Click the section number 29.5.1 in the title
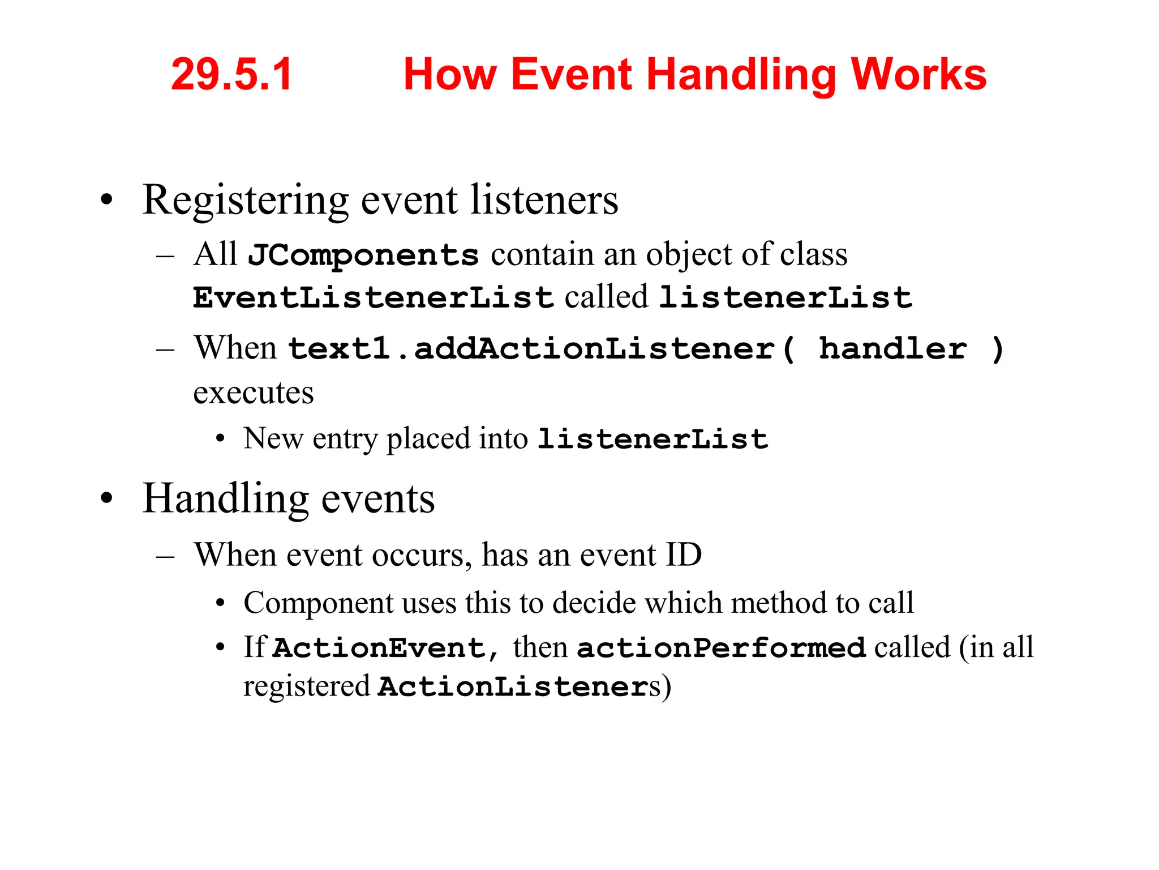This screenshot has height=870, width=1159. point(231,74)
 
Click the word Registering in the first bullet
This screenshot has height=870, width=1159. point(246,202)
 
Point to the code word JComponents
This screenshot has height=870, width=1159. point(363,255)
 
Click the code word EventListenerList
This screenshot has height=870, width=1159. point(373,297)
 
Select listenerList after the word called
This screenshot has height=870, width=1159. point(785,297)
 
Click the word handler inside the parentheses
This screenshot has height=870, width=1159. point(893,348)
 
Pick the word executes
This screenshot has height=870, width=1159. point(254,393)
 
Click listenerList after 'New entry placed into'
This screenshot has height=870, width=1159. point(653,439)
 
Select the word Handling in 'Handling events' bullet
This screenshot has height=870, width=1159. point(225,499)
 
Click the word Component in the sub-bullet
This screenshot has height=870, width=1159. point(317,603)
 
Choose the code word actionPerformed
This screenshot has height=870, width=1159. point(721,647)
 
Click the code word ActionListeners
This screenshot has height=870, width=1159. point(513,686)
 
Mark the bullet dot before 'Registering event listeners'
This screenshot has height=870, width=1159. point(106,201)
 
